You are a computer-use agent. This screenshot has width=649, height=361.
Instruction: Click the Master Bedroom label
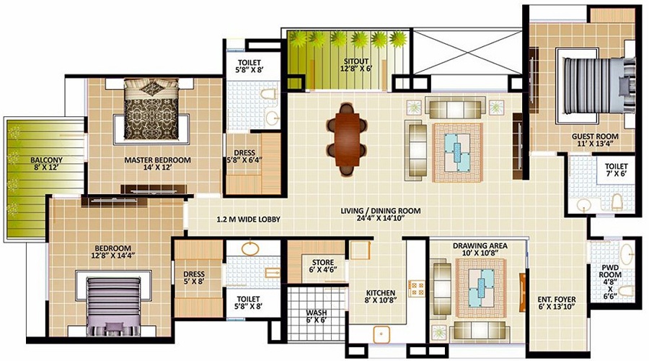point(158,164)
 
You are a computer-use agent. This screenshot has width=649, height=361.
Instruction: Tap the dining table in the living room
point(346,139)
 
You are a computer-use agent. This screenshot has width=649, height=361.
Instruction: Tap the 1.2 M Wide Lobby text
point(248,219)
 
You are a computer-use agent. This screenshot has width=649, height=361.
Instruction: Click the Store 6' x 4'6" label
point(323,266)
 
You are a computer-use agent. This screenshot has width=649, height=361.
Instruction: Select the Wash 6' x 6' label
point(317,317)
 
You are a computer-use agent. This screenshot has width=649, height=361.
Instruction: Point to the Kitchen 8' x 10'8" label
point(381,297)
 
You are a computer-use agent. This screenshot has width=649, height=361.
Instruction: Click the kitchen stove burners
point(416,287)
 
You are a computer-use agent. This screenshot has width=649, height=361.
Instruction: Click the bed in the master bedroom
point(151,109)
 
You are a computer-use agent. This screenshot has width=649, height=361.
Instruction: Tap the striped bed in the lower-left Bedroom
point(113,306)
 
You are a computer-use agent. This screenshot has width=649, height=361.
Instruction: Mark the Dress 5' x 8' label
point(194,278)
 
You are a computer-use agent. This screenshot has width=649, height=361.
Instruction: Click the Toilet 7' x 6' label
point(617,170)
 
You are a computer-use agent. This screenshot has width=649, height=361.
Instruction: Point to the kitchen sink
point(381,334)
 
